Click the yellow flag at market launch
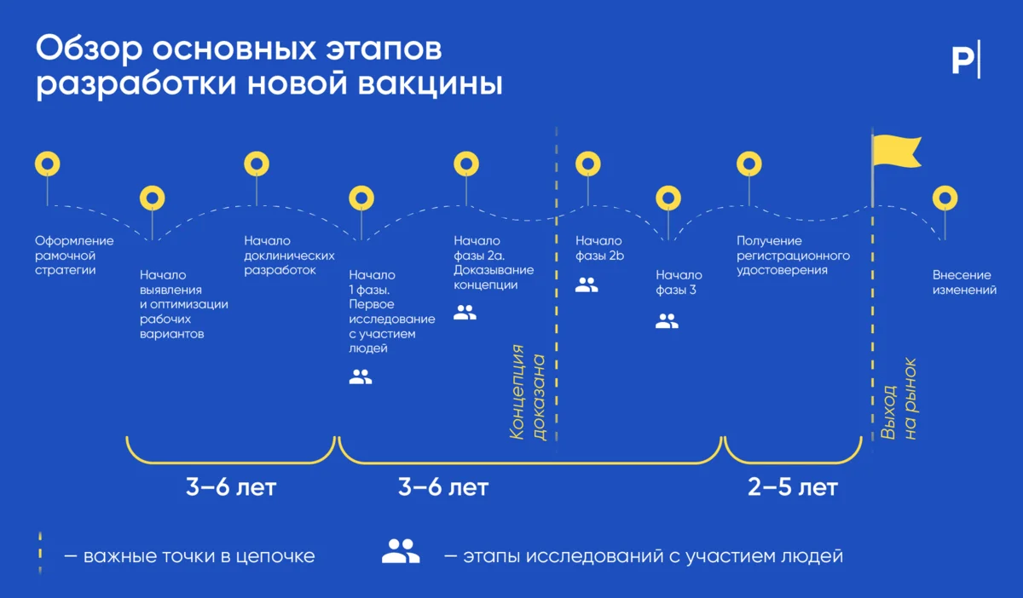pos(896,152)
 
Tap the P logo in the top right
pos(965,60)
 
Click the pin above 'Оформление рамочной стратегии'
pos(47,164)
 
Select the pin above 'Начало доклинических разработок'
pos(257,164)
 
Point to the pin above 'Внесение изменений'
pos(944,198)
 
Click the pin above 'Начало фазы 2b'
pos(588,164)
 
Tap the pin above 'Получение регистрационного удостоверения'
pos(748,164)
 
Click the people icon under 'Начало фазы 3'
pos(667,321)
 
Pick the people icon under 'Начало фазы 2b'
pos(587,285)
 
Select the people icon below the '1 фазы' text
pos(361,377)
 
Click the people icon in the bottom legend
pos(401,552)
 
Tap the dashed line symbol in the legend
pos(41,555)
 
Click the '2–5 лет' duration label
pos(793,488)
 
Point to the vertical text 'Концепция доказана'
pos(528,392)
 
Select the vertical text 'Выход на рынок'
pos(899,399)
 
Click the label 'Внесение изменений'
pos(964,283)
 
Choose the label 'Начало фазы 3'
pos(679,283)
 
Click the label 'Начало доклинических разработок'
pos(289,256)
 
